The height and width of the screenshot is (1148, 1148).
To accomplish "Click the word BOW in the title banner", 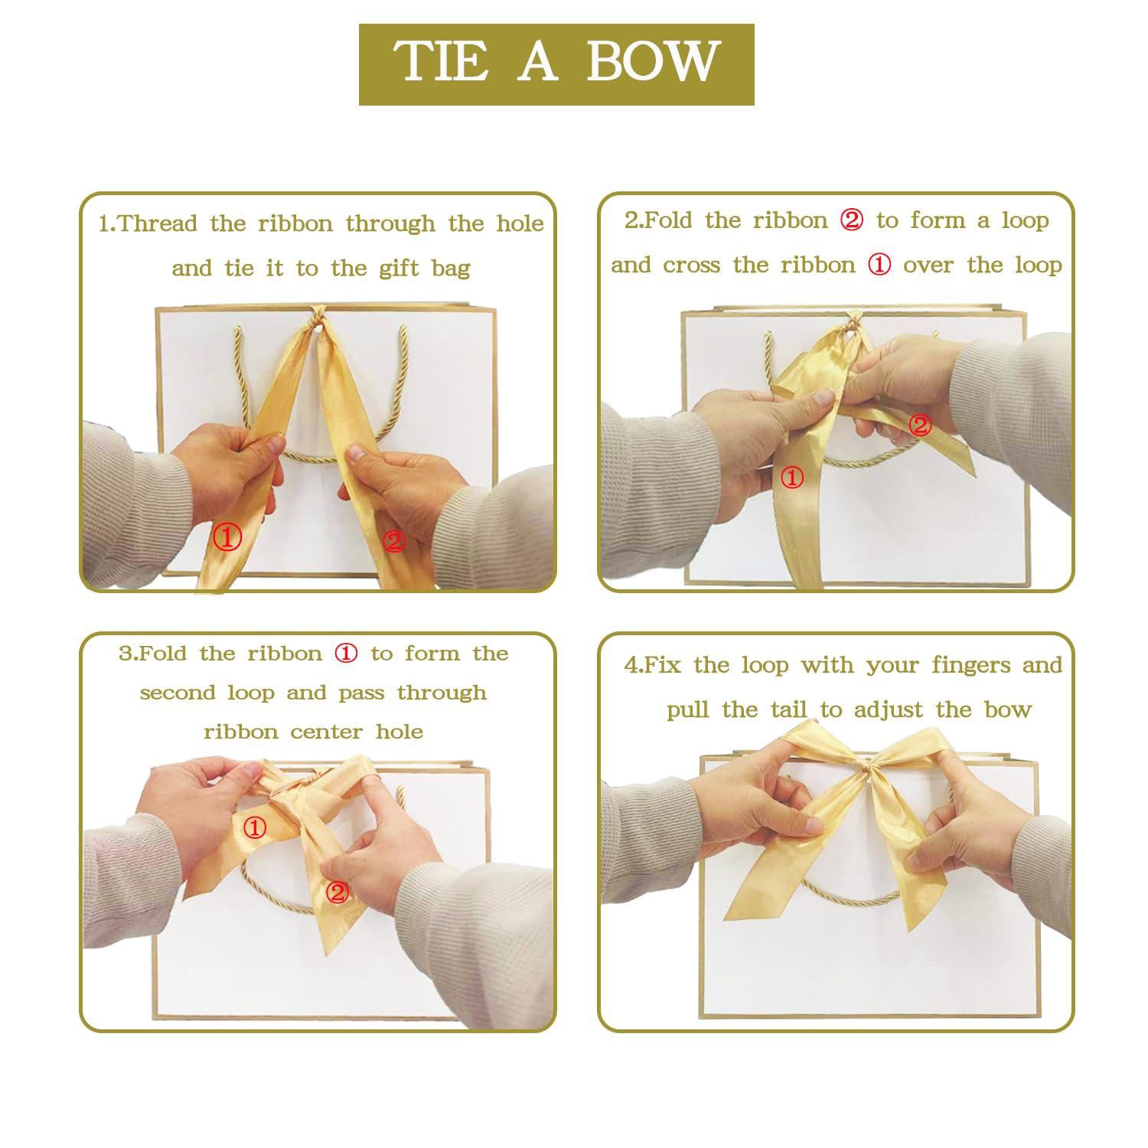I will (653, 62).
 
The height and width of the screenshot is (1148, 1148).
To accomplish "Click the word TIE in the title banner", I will (441, 62).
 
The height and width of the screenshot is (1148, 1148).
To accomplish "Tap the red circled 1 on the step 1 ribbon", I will (227, 538).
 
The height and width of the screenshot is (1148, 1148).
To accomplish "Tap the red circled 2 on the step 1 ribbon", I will (393, 541).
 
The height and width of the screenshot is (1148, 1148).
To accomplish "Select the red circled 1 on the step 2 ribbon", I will (791, 478).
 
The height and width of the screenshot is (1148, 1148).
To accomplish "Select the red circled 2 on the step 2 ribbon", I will (920, 425).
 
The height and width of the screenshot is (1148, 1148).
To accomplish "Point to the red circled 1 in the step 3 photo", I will (256, 827).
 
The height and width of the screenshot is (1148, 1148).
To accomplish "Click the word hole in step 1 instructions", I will (520, 223).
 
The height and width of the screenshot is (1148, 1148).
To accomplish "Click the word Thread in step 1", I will (158, 223).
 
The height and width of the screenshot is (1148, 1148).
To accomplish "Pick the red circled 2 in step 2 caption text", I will (851, 221).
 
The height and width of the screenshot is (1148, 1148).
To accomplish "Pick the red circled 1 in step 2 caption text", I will (879, 266).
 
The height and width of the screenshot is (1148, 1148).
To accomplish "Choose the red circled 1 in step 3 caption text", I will (346, 654).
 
